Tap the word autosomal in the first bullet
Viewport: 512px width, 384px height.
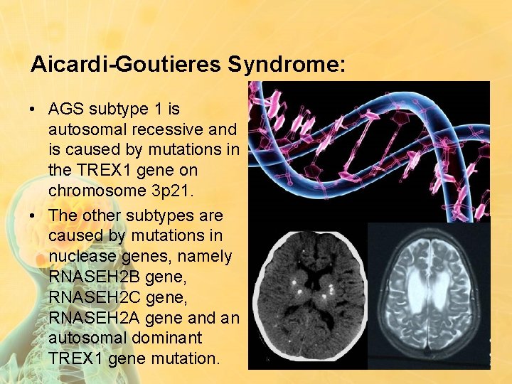coord(88,129)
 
